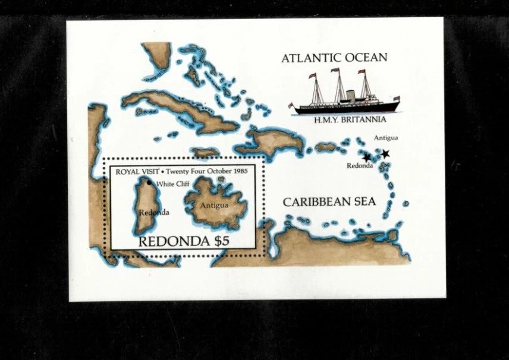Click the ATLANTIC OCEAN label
pyautogui.click(x=334, y=58)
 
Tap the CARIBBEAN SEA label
pyautogui.click(x=329, y=202)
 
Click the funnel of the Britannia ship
pyautogui.click(x=351, y=96)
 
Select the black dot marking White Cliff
pyautogui.click(x=149, y=182)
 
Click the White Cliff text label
pyautogui.click(x=172, y=184)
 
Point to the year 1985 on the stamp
pyautogui.click(x=236, y=170)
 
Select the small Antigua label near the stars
pyautogui.click(x=386, y=138)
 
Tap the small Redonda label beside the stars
pyautogui.click(x=360, y=166)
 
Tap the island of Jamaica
pyautogui.click(x=205, y=153)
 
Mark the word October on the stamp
pyautogui.click(x=210, y=170)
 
